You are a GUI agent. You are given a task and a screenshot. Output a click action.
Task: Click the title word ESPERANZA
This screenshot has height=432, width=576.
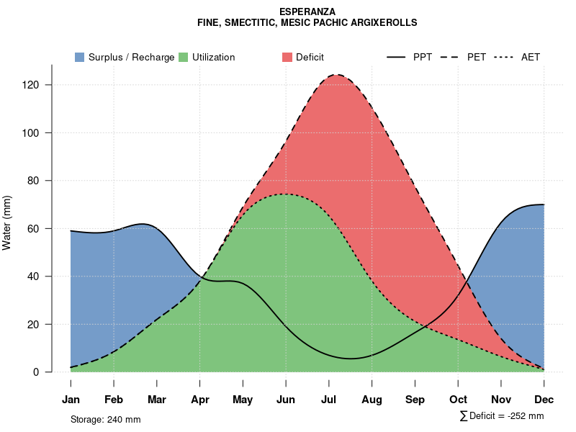click(x=307, y=12)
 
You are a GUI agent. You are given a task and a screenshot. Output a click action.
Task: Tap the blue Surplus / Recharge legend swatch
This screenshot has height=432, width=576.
click(x=79, y=57)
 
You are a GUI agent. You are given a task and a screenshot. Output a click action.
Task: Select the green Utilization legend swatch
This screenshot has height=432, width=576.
click(x=183, y=57)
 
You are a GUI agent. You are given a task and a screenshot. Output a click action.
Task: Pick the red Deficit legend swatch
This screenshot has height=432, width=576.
click(x=287, y=57)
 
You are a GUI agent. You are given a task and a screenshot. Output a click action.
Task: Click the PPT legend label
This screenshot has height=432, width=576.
click(x=423, y=57)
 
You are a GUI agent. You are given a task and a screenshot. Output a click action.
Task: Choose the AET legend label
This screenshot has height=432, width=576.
click(x=531, y=57)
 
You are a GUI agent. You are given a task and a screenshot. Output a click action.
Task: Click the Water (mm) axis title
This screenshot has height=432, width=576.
click(x=7, y=222)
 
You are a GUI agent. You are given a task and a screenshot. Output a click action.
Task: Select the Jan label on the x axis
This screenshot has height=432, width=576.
click(x=71, y=400)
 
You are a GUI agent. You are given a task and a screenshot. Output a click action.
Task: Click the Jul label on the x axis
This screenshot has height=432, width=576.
click(x=329, y=400)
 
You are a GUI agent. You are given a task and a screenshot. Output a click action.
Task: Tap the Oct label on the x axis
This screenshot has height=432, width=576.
click(x=458, y=400)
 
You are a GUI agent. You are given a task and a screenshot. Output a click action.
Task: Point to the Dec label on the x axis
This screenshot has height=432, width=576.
click(x=544, y=400)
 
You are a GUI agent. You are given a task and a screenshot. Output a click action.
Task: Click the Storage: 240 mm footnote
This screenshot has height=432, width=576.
click(x=106, y=419)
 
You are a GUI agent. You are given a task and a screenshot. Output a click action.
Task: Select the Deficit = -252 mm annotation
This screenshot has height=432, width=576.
click(x=502, y=416)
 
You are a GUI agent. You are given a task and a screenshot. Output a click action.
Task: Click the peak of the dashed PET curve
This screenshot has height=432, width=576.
click(x=336, y=74)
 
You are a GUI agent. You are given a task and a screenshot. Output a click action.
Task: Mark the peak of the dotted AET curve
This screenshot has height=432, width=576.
click(x=286, y=194)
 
